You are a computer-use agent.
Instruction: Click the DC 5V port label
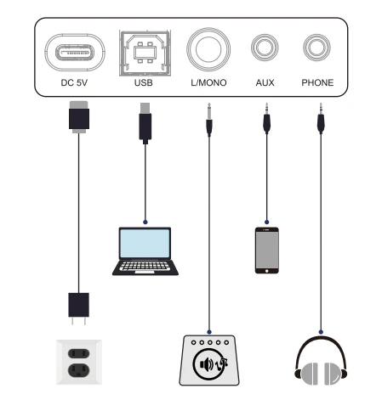tap(74, 82)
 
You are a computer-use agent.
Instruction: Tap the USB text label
tap(144, 82)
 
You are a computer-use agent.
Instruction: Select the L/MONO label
tap(208, 82)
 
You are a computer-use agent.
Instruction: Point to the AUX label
tap(265, 82)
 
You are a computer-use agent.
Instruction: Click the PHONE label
tap(317, 82)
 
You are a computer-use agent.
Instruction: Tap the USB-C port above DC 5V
tap(75, 52)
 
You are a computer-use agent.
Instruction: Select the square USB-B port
tap(145, 53)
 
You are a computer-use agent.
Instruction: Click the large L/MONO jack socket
tap(208, 49)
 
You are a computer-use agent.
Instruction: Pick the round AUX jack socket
tap(265, 48)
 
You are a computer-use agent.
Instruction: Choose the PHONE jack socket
tap(316, 48)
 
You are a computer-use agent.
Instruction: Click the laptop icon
tap(145, 251)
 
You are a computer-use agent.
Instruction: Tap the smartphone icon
tap(267, 251)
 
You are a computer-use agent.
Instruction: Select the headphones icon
tap(321, 361)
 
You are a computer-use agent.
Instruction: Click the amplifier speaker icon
tap(209, 360)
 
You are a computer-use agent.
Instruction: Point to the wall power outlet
tap(79, 362)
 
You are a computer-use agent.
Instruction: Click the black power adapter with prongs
tap(79, 308)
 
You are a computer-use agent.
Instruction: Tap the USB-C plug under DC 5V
tap(79, 117)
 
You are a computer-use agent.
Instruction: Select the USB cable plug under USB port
tap(145, 123)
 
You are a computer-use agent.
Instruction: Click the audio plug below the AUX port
tap(266, 118)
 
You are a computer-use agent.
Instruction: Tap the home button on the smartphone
tap(267, 271)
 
